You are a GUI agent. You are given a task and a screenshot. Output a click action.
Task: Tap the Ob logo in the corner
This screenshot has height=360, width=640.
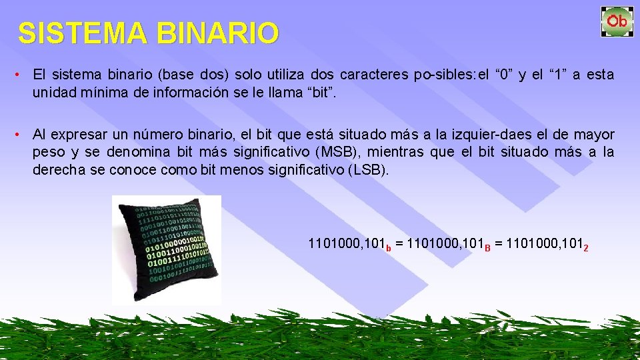(x=617, y=21)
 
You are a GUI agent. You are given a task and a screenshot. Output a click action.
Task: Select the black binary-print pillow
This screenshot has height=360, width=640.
(x=166, y=248)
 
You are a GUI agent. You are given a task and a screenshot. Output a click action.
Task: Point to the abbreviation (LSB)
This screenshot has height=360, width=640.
(x=367, y=170)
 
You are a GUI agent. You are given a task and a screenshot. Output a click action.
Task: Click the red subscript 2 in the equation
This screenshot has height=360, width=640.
(x=585, y=248)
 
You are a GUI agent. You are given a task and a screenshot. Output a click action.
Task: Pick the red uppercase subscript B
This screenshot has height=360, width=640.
(x=487, y=248)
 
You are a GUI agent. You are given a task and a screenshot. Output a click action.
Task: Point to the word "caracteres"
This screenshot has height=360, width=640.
(x=374, y=74)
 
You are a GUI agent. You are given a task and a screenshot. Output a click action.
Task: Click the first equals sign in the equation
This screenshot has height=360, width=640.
(x=398, y=244)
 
